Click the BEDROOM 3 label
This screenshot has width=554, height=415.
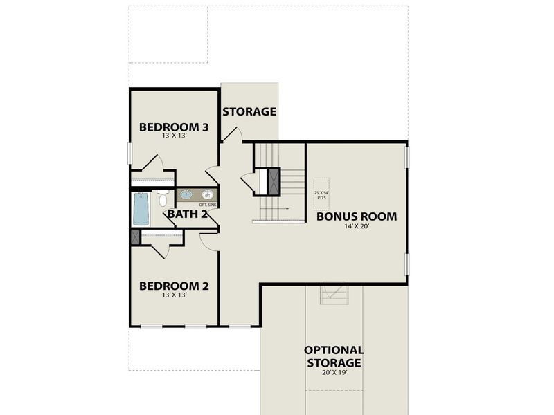click(174, 127)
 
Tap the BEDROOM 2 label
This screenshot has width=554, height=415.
click(174, 285)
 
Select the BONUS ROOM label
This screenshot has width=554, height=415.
click(357, 216)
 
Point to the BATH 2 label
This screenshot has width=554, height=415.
click(188, 214)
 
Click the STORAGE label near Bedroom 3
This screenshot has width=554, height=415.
click(249, 111)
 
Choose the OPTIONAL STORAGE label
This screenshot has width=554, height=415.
click(334, 356)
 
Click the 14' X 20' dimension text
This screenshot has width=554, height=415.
click(357, 227)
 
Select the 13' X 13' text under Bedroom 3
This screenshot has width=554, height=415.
click(174, 136)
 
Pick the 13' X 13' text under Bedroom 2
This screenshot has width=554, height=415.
click(174, 295)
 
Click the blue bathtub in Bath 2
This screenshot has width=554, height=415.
click(141, 209)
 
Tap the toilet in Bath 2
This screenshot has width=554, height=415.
click(163, 200)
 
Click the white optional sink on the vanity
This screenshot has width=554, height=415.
click(206, 194)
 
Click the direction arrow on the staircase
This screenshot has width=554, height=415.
click(285, 209)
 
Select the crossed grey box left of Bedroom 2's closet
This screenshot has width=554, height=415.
click(135, 236)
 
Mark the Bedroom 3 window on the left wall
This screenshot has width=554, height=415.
click(130, 154)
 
